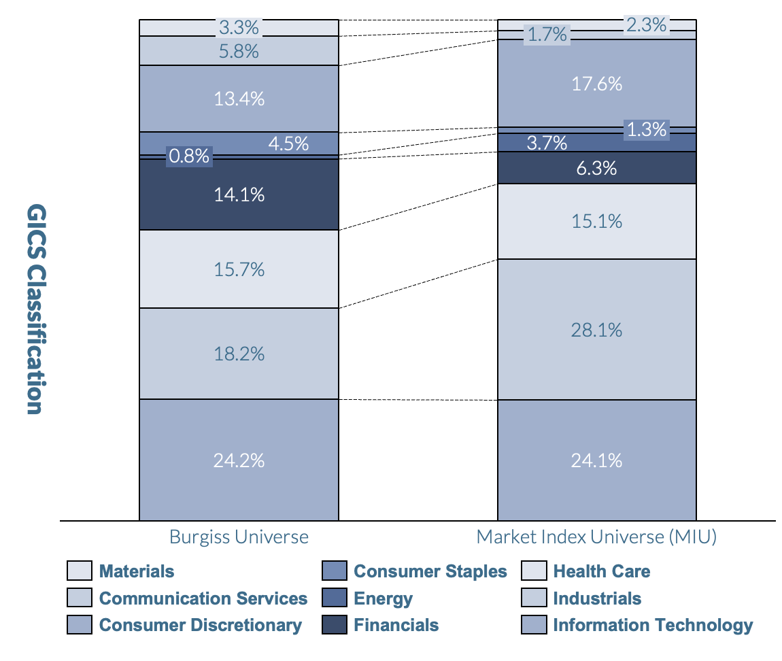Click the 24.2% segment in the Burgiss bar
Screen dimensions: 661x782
239,460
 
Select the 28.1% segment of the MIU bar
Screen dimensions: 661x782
596,330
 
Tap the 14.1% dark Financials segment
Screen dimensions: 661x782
239,195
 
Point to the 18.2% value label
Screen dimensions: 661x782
239,354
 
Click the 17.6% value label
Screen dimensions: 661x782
596,84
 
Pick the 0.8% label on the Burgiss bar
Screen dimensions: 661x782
189,156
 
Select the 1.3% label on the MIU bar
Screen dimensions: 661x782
646,129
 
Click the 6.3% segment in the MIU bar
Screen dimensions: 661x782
596,168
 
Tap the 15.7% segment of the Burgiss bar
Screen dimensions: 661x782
239,269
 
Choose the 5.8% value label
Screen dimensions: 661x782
239,50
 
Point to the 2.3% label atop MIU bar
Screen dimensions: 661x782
646,25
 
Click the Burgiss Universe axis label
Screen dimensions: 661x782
239,537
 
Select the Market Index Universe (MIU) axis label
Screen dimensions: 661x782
596,537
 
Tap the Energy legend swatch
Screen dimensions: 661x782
334,598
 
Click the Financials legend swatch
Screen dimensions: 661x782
334,625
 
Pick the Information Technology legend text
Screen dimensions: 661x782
653,625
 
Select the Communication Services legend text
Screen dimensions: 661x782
203,598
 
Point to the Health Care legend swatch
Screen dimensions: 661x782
534,571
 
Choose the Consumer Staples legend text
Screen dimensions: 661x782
430,571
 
